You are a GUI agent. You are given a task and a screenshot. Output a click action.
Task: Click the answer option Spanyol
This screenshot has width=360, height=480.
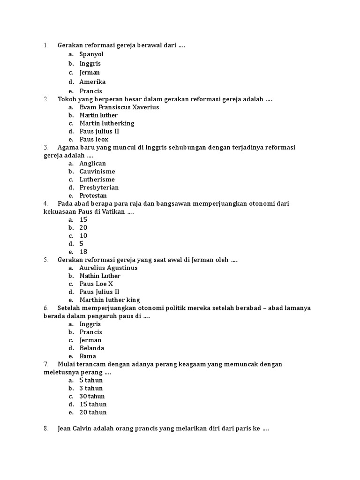click(x=91, y=54)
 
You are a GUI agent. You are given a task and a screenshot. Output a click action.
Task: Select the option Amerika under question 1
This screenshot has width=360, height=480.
click(x=92, y=82)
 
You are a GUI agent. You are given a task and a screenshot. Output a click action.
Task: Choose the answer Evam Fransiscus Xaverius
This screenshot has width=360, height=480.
click(x=119, y=107)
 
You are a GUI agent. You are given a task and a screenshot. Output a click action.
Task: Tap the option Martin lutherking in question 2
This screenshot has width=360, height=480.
click(x=107, y=123)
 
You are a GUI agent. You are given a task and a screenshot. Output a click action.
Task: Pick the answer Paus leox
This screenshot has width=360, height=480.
click(x=94, y=139)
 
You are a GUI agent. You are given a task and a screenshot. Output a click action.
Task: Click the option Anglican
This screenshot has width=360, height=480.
click(x=93, y=163)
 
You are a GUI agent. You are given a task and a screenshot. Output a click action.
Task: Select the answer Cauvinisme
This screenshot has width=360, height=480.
click(x=97, y=171)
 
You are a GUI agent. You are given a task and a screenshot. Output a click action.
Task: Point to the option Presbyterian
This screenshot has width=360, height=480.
click(x=99, y=187)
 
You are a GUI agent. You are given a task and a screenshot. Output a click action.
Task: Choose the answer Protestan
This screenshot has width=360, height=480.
click(x=93, y=195)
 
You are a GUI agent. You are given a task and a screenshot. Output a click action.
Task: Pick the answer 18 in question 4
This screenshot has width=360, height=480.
click(x=83, y=252)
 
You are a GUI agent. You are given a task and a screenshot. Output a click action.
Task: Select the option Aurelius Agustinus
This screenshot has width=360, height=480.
click(x=108, y=268)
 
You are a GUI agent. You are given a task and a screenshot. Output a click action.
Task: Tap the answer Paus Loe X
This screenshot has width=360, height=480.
click(x=96, y=284)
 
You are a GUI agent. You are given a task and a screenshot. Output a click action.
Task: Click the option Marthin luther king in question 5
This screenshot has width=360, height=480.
click(x=109, y=300)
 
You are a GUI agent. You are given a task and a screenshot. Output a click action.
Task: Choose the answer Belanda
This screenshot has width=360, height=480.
click(x=92, y=348)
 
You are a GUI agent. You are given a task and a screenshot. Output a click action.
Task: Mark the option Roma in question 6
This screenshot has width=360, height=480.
click(x=88, y=356)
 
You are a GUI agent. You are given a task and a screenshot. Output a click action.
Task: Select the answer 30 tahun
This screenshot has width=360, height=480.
click(x=92, y=396)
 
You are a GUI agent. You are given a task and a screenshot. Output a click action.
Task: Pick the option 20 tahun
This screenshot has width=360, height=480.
click(x=93, y=412)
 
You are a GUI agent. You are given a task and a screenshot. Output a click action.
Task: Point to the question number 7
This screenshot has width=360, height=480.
click(x=46, y=364)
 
